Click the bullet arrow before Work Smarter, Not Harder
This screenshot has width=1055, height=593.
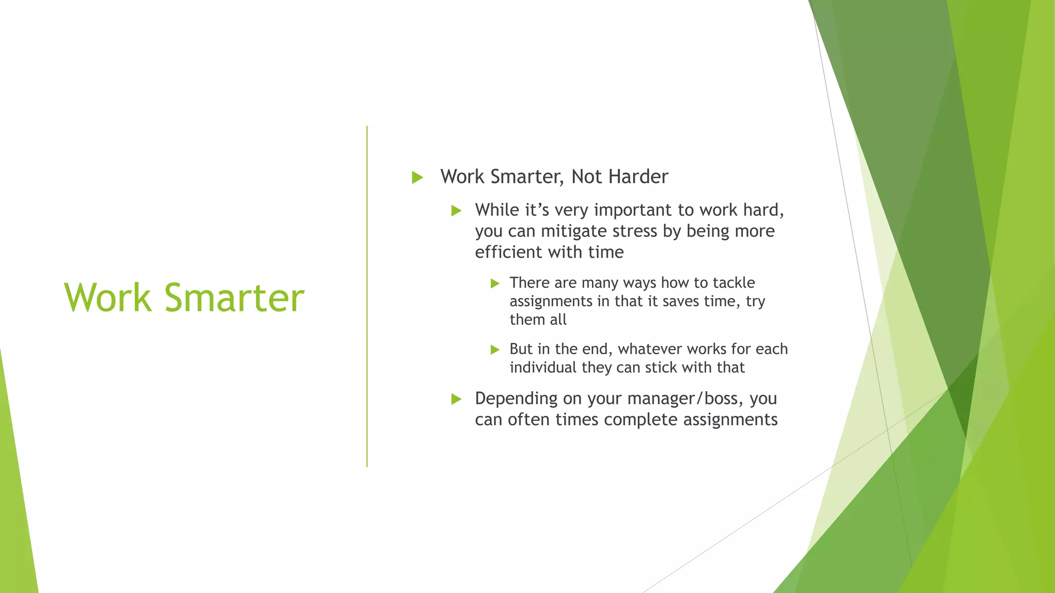click(x=417, y=178)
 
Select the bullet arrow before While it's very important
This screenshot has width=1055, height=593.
click(x=456, y=211)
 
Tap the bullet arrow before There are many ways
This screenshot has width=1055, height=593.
click(x=495, y=283)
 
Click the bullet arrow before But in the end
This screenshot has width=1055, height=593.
click(x=495, y=350)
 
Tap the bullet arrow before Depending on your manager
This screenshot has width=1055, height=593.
click(x=456, y=399)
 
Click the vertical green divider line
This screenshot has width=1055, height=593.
click(x=367, y=296)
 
